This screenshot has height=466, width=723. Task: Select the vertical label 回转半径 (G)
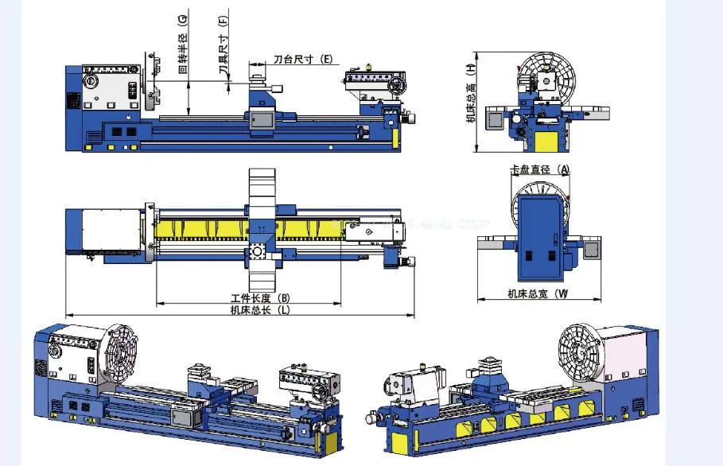click(x=183, y=43)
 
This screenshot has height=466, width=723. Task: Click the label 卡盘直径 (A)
click(x=541, y=169)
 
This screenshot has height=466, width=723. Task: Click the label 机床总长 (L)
click(x=259, y=310)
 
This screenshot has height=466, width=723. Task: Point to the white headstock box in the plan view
click(x=107, y=230)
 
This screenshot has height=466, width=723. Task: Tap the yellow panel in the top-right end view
click(x=546, y=142)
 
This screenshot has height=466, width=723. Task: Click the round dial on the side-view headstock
click(x=91, y=82)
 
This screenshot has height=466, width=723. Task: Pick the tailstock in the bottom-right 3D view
click(x=416, y=387)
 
